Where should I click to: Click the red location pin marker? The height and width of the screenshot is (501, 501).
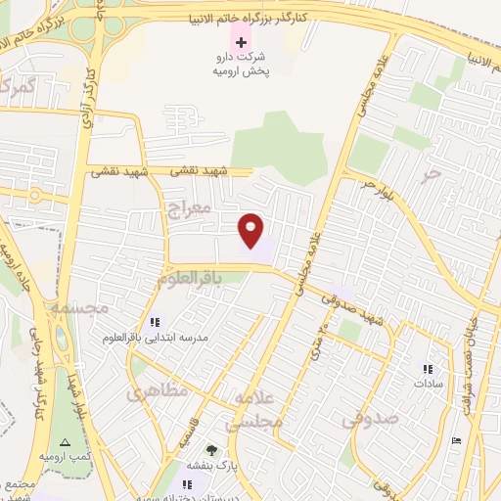pos(251,229)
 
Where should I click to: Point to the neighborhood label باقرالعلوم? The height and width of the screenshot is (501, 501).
pos(203,279)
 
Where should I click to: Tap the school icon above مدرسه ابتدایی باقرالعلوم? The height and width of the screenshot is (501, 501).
pos(154,322)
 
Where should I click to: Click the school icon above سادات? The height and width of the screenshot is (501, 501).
pos(427,369)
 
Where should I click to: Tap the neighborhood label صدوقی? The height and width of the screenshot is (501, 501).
pos(369,419)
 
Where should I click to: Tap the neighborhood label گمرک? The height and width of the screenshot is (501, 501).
pos(18,87)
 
